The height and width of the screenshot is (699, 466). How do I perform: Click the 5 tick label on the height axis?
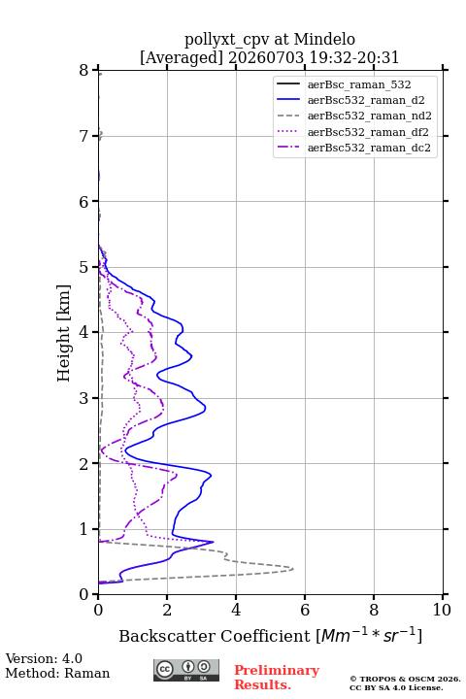click(x=84, y=267)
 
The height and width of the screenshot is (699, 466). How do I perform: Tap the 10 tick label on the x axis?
click(x=442, y=610)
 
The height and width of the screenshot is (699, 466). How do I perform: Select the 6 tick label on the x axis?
click(x=305, y=610)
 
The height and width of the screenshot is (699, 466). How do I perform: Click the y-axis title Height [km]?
click(x=63, y=333)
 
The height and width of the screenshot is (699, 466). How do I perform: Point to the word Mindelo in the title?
click(x=324, y=39)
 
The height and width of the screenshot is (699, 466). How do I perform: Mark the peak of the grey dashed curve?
click(x=293, y=569)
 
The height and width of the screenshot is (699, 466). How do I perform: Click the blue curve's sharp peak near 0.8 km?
click(x=214, y=542)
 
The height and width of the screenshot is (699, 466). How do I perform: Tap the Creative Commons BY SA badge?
click(x=186, y=671)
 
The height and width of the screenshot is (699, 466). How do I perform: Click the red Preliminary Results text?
click(x=277, y=678)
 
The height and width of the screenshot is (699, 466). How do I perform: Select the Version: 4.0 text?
click(x=44, y=658)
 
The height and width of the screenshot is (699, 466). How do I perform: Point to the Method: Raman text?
click(x=57, y=673)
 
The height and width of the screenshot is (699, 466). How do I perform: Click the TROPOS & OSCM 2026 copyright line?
click(x=405, y=679)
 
